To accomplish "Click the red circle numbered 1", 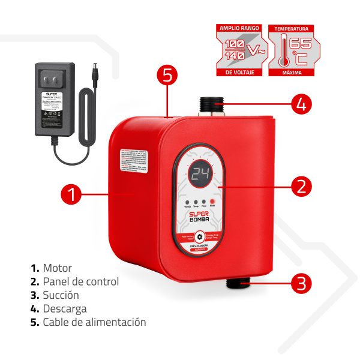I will tap(71, 194).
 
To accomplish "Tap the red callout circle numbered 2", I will tap(301, 185).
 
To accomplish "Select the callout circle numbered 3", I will tap(301, 282).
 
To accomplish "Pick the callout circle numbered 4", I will tap(301, 103).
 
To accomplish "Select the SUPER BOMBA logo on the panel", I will tap(199, 219).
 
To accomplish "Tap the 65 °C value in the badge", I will tap(299, 50).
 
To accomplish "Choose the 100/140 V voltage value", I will tap(235, 50).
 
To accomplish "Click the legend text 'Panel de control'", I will tap(80, 281).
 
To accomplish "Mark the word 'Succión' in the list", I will tap(61, 295).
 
